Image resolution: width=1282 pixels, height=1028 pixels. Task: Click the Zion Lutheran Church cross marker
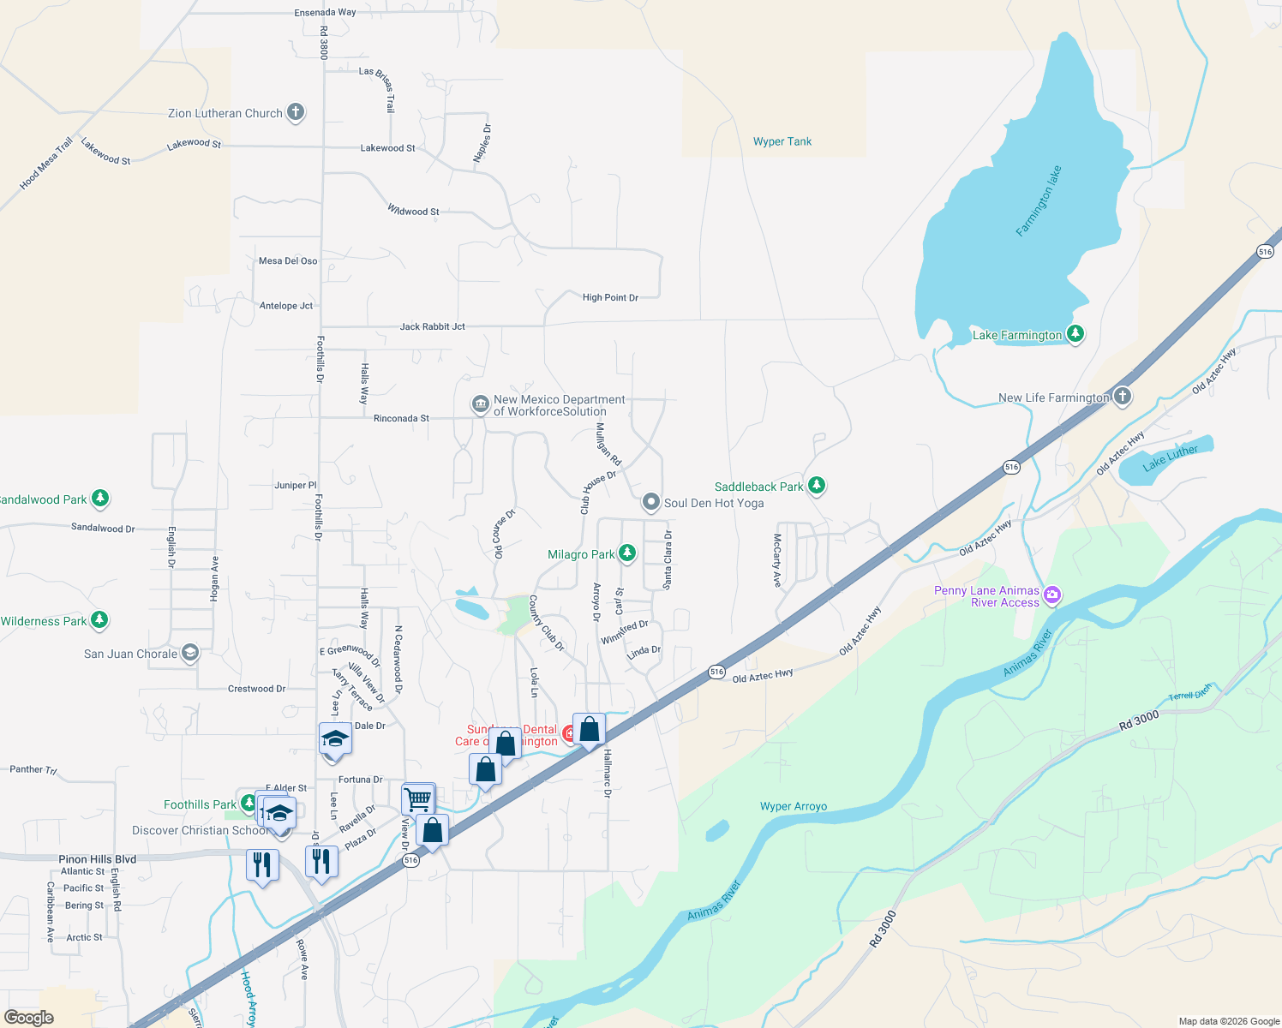(x=295, y=112)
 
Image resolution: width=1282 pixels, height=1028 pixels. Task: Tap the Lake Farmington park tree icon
(x=1075, y=334)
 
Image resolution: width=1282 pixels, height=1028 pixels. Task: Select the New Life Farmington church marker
(x=1123, y=397)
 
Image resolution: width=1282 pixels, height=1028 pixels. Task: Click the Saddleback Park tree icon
(x=817, y=486)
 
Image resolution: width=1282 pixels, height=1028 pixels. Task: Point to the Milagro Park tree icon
(x=627, y=553)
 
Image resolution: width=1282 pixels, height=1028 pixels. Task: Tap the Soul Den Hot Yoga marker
(x=651, y=502)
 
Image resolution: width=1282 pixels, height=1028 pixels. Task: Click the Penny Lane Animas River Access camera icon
(x=1052, y=594)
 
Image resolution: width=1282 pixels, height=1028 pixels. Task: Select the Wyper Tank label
(x=782, y=141)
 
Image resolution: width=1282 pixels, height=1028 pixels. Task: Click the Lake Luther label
(x=1170, y=457)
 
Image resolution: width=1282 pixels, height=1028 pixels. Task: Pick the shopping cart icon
(x=418, y=799)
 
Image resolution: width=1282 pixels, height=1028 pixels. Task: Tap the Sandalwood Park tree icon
(x=100, y=498)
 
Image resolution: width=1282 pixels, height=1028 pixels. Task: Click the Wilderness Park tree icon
(x=99, y=619)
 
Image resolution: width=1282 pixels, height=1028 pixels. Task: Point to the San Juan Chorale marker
(x=190, y=654)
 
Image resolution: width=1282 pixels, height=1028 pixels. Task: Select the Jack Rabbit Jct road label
(x=432, y=326)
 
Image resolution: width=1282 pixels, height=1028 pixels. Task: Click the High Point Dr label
(x=610, y=297)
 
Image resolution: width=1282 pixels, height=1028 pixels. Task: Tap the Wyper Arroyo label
(x=794, y=806)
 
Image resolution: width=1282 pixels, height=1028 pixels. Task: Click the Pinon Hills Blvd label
(x=97, y=859)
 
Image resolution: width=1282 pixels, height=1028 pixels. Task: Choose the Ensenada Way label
(x=325, y=13)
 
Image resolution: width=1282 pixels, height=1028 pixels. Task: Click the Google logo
(x=29, y=1018)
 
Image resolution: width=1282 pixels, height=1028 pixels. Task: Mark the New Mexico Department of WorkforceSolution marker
(x=481, y=404)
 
